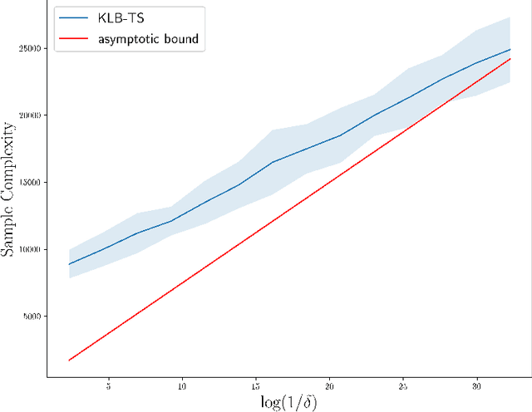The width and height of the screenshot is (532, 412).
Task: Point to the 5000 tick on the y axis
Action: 33,316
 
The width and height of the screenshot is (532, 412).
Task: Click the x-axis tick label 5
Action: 109,387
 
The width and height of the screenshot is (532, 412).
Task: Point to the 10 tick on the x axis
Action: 181,387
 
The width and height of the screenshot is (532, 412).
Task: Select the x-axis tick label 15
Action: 255,387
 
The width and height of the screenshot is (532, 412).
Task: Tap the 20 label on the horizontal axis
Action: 329,387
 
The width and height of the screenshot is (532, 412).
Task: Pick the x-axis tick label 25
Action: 403,387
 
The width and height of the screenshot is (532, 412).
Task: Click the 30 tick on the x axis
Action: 476,387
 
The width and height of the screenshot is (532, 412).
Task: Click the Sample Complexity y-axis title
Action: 9,189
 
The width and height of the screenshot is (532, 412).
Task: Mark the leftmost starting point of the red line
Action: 69,360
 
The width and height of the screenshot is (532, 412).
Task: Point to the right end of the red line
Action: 510,59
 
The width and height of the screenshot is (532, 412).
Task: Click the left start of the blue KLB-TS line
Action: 69,264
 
